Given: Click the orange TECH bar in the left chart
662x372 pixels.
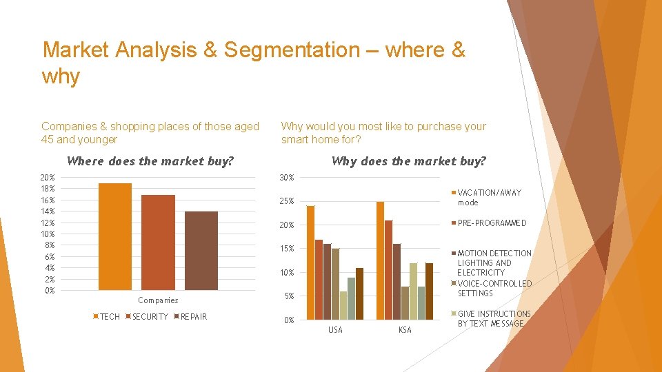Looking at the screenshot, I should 115,236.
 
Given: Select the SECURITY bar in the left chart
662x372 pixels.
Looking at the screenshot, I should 158,242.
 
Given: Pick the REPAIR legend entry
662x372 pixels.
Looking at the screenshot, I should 193,317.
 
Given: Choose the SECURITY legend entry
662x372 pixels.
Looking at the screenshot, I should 150,317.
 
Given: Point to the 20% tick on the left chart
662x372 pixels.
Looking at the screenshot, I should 48,177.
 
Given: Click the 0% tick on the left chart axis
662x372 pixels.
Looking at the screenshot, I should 49,291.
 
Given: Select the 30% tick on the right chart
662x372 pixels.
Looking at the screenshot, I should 287,178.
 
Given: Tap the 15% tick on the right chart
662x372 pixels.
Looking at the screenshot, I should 287,249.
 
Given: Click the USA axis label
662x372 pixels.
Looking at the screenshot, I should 335,330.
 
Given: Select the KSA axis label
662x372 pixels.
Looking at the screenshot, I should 405,330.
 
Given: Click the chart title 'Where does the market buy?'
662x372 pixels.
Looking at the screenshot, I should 150,162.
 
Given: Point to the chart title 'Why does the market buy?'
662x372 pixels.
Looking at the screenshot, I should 408,161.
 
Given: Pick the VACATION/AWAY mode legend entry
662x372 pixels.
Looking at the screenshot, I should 488,198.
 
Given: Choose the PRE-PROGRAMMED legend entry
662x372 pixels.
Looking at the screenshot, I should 491,223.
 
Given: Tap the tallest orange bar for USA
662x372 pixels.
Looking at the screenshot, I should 310,262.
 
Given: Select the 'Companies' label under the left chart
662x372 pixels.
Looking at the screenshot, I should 158,300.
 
